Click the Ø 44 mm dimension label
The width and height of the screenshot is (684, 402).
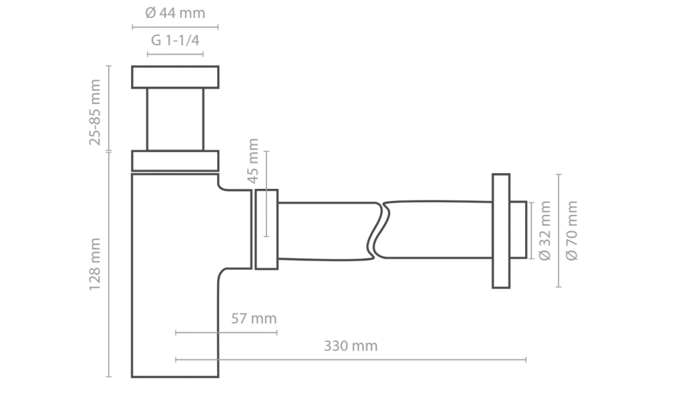tap(175, 13)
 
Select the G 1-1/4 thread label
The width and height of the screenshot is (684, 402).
tap(175, 40)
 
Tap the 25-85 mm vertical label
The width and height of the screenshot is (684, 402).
tap(96, 112)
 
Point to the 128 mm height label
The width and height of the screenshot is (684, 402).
tap(96, 264)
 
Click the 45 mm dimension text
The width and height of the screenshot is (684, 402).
tap(252, 162)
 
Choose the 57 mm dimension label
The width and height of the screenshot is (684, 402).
tap(253, 319)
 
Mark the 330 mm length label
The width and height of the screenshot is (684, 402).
tap(351, 346)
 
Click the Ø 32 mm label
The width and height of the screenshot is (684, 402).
tap(544, 230)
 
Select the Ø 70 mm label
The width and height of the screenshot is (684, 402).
tap(571, 230)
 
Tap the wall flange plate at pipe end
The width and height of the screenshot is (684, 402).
tap(501, 230)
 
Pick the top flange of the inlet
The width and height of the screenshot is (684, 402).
tap(175, 77)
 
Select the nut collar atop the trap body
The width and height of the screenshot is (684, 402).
tap(175, 161)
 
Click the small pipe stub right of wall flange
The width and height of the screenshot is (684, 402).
tap(518, 230)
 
